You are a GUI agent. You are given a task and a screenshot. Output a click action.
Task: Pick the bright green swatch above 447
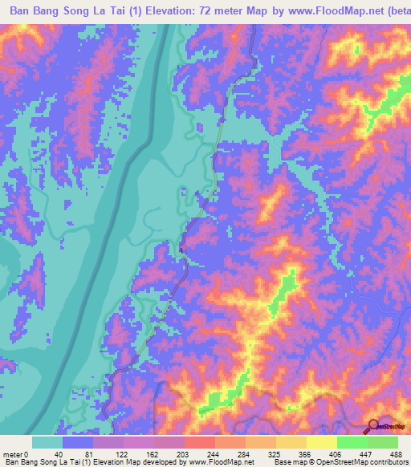coord(352,442)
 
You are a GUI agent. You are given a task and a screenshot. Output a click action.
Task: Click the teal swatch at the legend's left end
coord(47,442)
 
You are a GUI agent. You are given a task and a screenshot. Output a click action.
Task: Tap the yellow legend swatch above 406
coord(322,442)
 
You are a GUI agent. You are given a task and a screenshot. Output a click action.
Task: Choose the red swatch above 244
coord(200,442)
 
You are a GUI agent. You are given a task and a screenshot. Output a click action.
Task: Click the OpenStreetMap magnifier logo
coord(372,426)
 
